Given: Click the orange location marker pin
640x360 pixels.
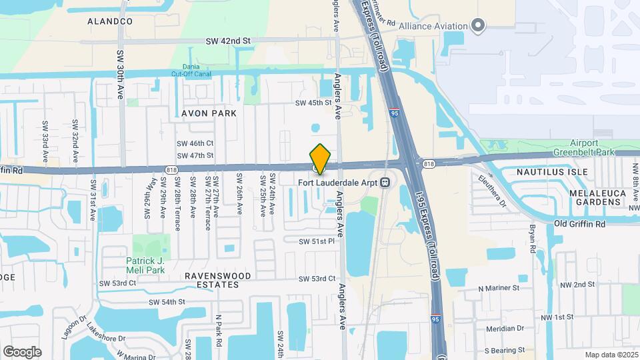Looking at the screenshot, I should pyautogui.click(x=320, y=159).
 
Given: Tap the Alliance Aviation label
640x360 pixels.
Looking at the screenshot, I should pyautogui.click(x=433, y=26).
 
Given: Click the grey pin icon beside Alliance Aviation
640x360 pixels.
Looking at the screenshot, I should pyautogui.click(x=477, y=25).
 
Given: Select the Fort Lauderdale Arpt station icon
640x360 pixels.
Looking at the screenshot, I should pyautogui.click(x=385, y=182).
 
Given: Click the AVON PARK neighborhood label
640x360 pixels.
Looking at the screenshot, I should pyautogui.click(x=209, y=113).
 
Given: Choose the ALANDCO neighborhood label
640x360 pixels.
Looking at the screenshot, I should pyautogui.click(x=110, y=21).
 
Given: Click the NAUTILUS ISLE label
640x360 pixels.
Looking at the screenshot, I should pyautogui.click(x=553, y=171).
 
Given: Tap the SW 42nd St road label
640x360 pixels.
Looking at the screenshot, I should pyautogui.click(x=229, y=41).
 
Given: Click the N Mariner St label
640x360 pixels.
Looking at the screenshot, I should pyautogui.click(x=499, y=288).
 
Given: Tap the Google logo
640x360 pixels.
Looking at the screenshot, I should pyautogui.click(x=21, y=351).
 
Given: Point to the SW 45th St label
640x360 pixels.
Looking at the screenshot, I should pyautogui.click(x=313, y=103).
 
